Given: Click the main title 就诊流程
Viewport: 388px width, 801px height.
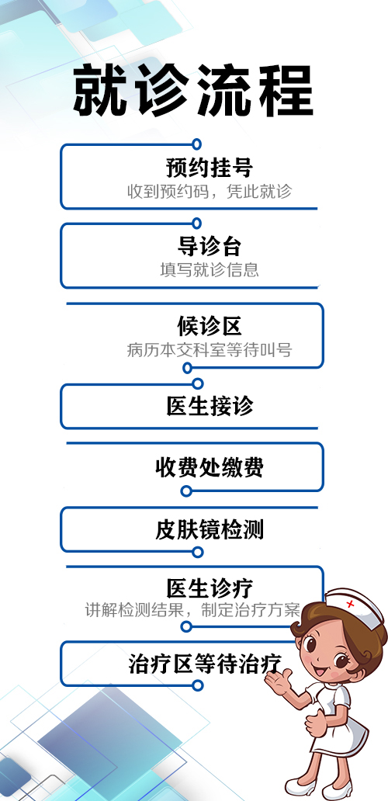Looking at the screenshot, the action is (193, 90).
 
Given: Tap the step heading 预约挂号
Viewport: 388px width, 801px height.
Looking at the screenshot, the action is (210, 168).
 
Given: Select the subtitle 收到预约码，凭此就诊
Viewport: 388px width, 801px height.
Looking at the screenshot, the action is (210, 192).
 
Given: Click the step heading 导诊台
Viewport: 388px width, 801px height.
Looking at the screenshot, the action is (210, 246).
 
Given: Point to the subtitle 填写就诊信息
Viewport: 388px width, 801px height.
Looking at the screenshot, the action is (210, 270).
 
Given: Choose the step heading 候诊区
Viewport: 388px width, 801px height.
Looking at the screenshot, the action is (210, 326).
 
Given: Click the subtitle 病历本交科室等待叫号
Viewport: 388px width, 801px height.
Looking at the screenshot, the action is (210, 350).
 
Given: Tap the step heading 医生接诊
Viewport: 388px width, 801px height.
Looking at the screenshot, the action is (210, 407).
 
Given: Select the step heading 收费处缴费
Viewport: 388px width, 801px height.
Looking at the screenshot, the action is (210, 467).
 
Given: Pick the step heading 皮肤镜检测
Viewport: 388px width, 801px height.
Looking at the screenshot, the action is (210, 530).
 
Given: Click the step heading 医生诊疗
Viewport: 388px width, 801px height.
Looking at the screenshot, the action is (210, 588).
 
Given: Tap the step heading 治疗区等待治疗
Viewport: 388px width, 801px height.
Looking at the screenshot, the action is (205, 664).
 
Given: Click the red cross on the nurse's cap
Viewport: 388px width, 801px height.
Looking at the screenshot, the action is (350, 605).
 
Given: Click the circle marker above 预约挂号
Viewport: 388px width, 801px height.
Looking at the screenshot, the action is (196, 144).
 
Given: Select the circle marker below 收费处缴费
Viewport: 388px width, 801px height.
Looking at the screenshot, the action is (186, 491).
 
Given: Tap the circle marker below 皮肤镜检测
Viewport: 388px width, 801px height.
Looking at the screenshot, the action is (198, 552).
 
